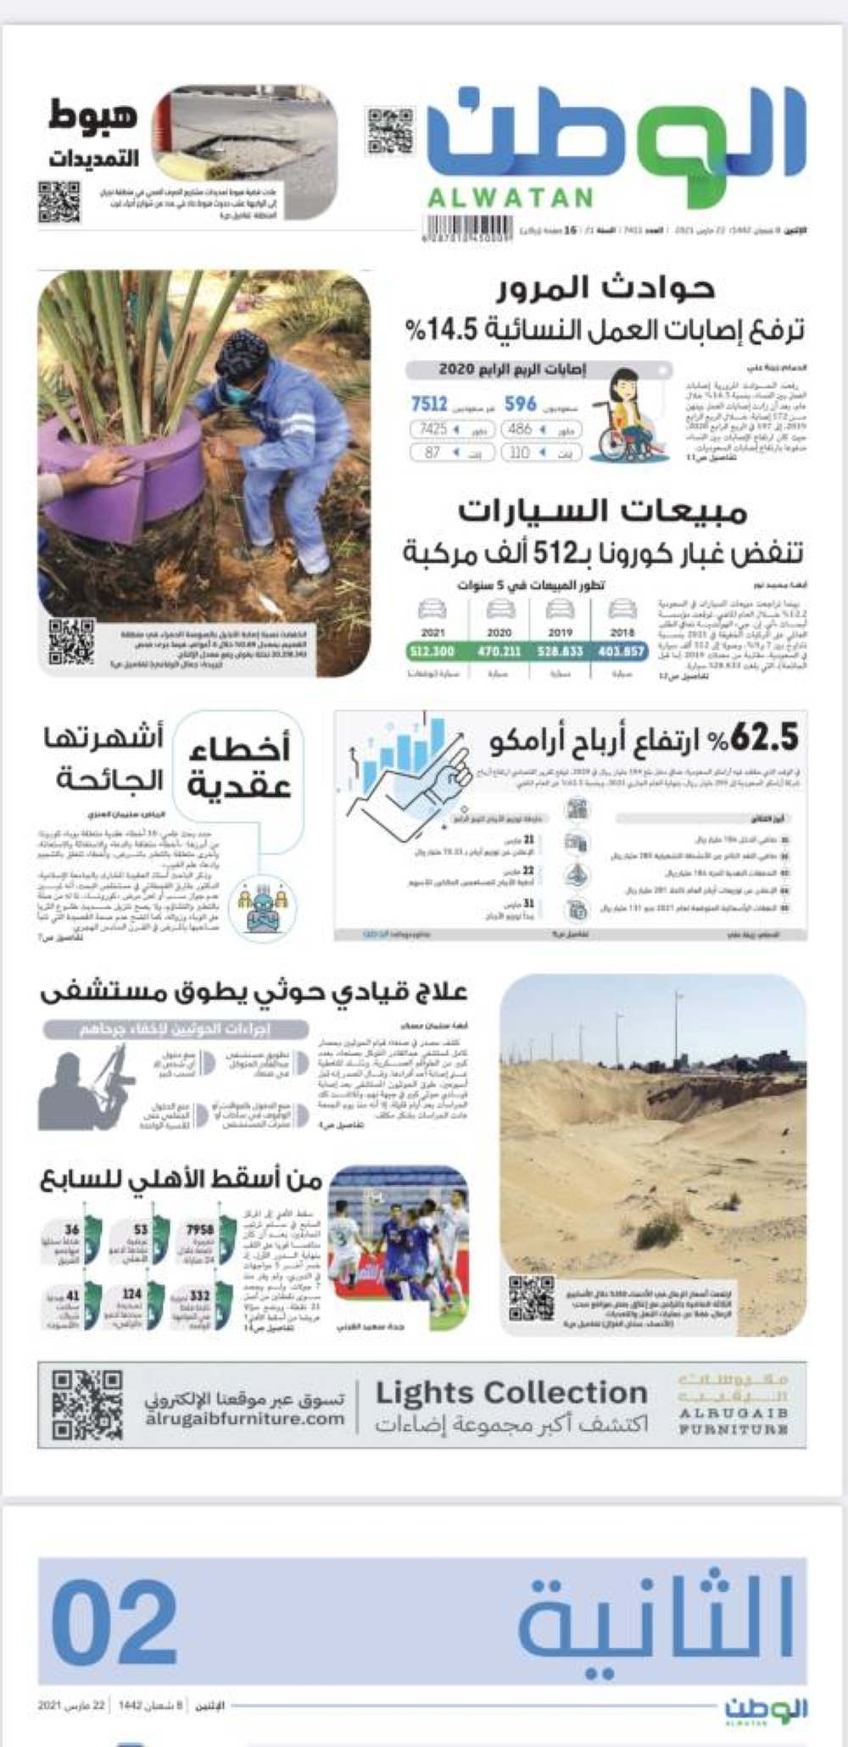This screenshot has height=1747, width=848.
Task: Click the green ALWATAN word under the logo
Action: coord(510,198)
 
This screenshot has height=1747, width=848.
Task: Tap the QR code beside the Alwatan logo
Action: coord(390,131)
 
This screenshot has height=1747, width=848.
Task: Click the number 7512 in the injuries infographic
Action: coord(429,404)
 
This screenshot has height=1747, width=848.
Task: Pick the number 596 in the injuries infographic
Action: coord(521,404)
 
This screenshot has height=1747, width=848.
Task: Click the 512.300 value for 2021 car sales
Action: coord(432,651)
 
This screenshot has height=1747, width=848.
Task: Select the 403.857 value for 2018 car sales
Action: coord(622,651)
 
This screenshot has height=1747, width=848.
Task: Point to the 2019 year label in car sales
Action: coord(560,632)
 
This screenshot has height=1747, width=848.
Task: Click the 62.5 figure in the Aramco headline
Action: coord(764,738)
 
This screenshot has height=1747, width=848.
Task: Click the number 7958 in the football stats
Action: coord(200,1229)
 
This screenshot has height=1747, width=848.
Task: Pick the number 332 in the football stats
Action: coord(200,1295)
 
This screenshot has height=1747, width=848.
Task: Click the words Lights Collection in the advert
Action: coord(511,1393)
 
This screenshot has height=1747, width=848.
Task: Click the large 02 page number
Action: coord(114,1623)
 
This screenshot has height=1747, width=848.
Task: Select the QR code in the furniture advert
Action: coord(87,1405)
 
